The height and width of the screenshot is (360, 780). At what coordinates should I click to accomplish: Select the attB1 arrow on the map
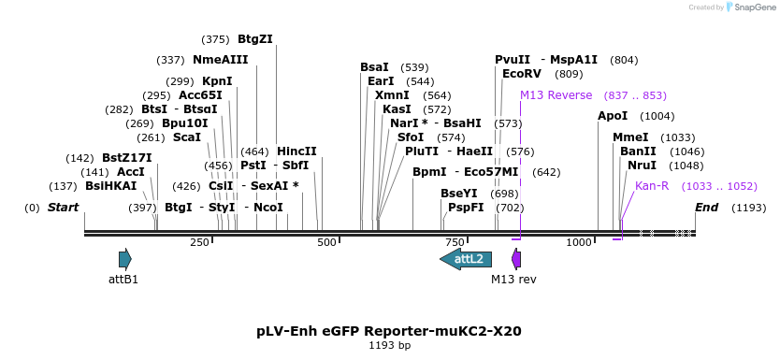[124, 259]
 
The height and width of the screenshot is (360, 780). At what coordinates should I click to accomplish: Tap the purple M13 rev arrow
[516, 259]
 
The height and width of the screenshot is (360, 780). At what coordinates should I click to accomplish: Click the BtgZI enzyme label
[254, 39]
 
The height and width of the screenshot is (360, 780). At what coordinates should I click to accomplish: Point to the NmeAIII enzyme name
[220, 60]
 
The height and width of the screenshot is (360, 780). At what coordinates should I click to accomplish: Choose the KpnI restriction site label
[217, 81]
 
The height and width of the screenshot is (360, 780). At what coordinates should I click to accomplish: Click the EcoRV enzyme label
[522, 73]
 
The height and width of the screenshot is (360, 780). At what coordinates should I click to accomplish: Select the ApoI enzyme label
[613, 116]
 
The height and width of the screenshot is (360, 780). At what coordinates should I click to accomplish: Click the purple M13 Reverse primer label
[556, 95]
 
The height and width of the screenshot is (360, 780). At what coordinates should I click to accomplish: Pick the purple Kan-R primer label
[652, 186]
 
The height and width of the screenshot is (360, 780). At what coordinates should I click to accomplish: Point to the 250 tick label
[199, 243]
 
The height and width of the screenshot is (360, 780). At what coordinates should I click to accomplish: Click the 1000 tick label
[580, 243]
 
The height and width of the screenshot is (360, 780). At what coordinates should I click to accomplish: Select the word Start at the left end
[63, 207]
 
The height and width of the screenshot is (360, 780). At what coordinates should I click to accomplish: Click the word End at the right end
[706, 207]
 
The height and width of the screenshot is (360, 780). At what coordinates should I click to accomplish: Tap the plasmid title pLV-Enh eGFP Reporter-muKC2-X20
[389, 331]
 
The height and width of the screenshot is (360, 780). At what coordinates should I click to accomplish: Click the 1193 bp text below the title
[389, 346]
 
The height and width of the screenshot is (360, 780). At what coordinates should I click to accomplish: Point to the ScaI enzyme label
[187, 137]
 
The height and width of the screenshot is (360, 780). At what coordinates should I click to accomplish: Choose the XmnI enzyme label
[392, 95]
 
